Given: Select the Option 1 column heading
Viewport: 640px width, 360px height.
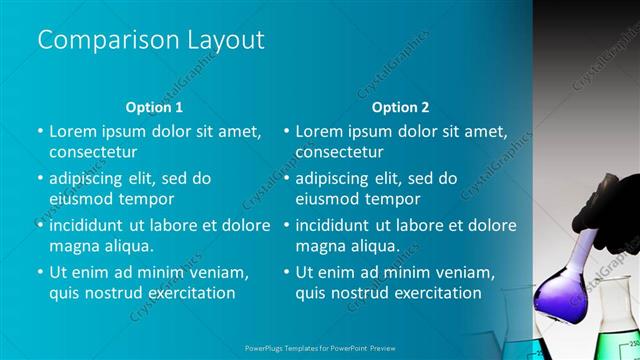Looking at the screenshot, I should coord(154,106).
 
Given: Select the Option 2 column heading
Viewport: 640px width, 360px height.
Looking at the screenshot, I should coord(400,106).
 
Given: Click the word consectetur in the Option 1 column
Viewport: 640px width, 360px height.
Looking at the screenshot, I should coord(93,153).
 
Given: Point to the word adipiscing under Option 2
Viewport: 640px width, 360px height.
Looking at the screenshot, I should coord(338,179).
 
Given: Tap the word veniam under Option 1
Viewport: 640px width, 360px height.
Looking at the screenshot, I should coord(215,272).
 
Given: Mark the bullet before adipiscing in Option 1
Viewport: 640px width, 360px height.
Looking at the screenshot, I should coord(39,179).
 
